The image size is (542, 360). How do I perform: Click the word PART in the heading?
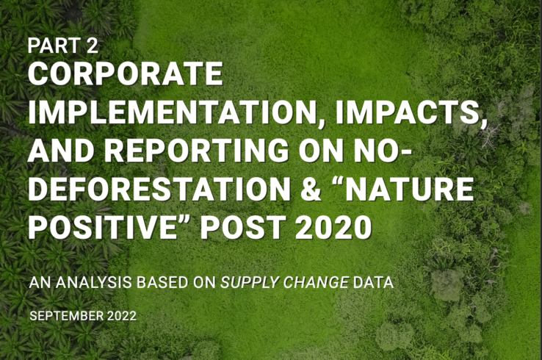point(53,46)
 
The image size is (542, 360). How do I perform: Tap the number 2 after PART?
point(91,46)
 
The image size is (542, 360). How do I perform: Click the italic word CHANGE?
point(314,281)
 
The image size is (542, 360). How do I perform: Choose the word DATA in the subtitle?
point(371,281)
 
